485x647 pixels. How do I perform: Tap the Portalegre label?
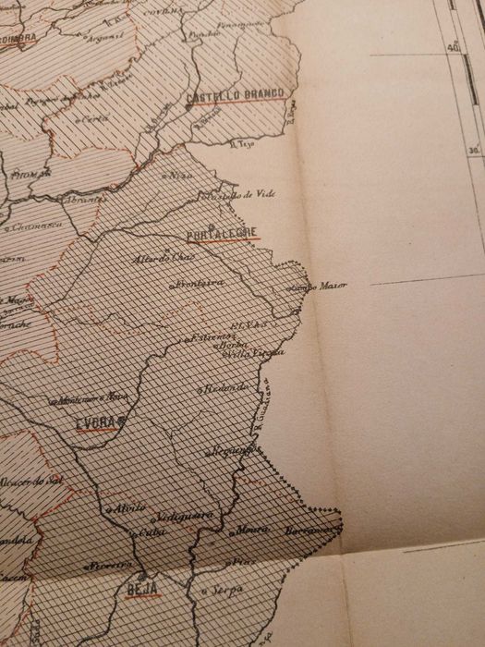(x=223, y=232)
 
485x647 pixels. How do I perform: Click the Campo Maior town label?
(x=320, y=287)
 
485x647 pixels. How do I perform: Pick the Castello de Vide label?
(x=241, y=194)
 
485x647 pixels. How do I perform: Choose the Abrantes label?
(x=79, y=200)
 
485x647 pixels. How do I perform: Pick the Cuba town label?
(x=148, y=532)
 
